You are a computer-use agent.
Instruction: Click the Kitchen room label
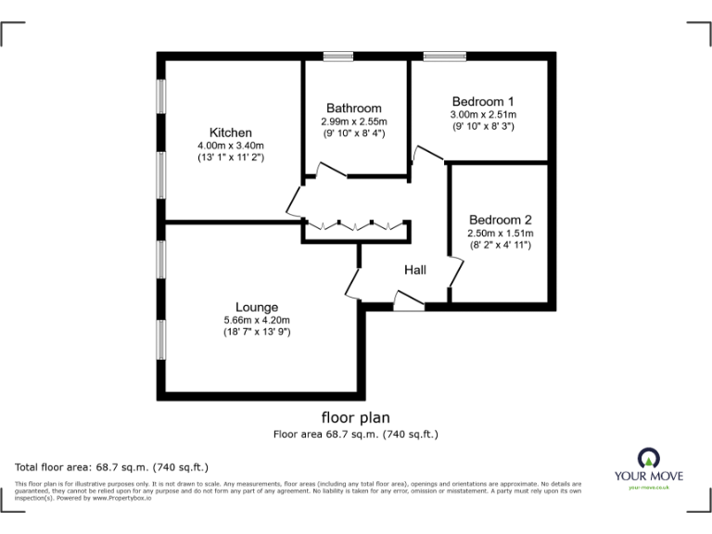pyautogui.click(x=230, y=133)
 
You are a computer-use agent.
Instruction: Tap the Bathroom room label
pyautogui.click(x=353, y=108)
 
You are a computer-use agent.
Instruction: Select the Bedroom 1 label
pyautogui.click(x=482, y=101)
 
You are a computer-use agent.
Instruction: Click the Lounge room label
pyautogui.click(x=257, y=307)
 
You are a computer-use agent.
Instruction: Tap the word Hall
pyautogui.click(x=415, y=270)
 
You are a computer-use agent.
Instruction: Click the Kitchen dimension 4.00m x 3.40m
pyautogui.click(x=231, y=146)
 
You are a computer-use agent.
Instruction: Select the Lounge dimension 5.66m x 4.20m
pyautogui.click(x=257, y=320)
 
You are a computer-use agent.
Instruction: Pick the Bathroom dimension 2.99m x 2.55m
pyautogui.click(x=354, y=121)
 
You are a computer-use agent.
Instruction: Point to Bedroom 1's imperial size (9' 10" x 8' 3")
pyautogui.click(x=482, y=126)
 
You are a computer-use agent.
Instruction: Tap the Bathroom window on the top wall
pyautogui.click(x=338, y=57)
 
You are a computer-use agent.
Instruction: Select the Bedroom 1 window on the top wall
pyautogui.click(x=445, y=57)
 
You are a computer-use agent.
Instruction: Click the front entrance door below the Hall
pyautogui.click(x=408, y=299)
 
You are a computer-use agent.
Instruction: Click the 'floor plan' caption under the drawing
pyautogui.click(x=355, y=416)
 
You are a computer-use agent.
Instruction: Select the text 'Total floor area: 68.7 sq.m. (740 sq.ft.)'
pyautogui.click(x=112, y=466)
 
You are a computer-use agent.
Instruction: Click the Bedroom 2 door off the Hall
pyautogui.click(x=455, y=270)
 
